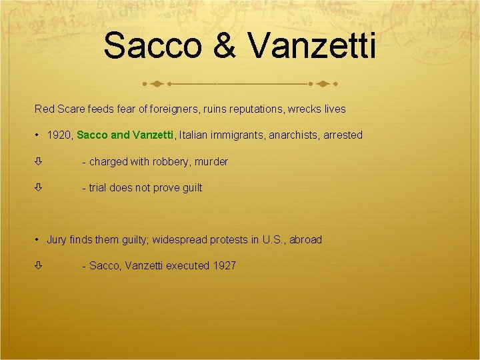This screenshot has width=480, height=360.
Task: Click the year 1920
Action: click(x=59, y=135)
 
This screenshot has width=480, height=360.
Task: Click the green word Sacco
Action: click(x=93, y=135)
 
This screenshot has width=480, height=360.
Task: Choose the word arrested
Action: click(x=343, y=135)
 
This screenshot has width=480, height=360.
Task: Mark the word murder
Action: click(x=211, y=161)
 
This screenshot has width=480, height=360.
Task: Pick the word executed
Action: click(x=187, y=265)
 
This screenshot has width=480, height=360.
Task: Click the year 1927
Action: click(x=225, y=265)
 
